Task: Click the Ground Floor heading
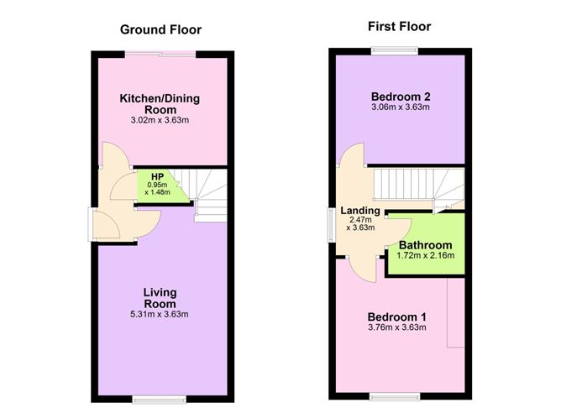click(x=160, y=30)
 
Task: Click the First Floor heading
click(x=399, y=27)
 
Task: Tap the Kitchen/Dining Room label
click(x=160, y=104)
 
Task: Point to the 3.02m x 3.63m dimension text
click(x=160, y=120)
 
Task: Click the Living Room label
click(x=160, y=298)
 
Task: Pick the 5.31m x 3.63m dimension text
click(x=160, y=315)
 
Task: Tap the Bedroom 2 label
click(x=399, y=94)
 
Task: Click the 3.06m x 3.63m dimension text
click(x=399, y=107)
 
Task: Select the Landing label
click(x=360, y=211)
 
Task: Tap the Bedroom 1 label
click(x=397, y=316)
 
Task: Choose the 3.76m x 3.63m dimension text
click(x=397, y=327)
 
